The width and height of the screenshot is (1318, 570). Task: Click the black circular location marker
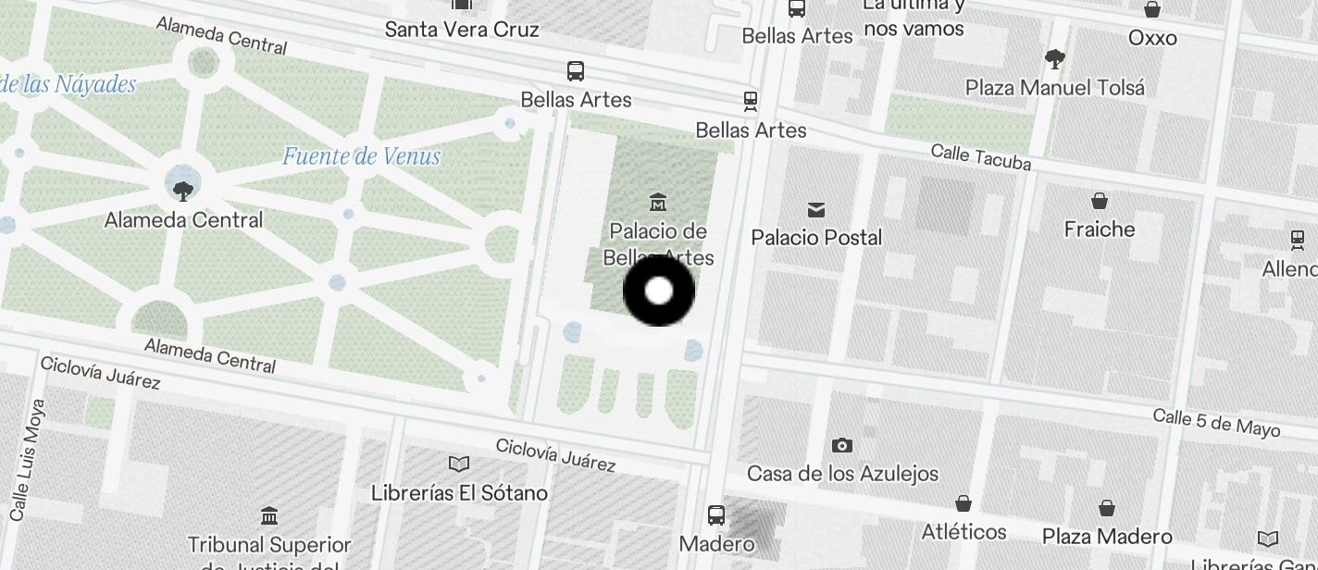[658, 291]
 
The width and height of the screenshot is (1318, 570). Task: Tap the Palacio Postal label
[816, 238]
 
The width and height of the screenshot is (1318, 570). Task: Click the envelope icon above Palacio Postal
[815, 210]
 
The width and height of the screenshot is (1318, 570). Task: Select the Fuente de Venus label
[361, 156]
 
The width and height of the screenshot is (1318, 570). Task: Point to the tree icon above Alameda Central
[183, 191]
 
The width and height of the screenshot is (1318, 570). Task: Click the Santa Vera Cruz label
[462, 30]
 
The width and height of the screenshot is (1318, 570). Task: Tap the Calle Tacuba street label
[980, 156]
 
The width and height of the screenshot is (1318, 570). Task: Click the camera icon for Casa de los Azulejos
[842, 446]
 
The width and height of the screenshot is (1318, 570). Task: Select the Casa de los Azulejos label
[842, 474]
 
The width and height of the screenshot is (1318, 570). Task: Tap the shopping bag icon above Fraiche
[1100, 201]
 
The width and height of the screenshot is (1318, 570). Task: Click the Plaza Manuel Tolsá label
[1054, 88]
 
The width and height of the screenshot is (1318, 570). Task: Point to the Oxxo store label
[1152, 38]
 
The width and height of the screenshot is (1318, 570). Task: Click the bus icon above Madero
[716, 515]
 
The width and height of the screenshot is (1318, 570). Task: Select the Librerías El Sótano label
[459, 492]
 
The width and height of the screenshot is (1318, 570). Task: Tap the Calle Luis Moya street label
[28, 459]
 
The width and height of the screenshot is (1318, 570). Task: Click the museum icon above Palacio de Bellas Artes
[658, 202]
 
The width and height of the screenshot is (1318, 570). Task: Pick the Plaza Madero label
[1107, 537]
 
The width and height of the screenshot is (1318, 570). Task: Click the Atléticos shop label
[964, 531]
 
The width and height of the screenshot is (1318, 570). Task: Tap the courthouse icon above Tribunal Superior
[269, 515]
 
